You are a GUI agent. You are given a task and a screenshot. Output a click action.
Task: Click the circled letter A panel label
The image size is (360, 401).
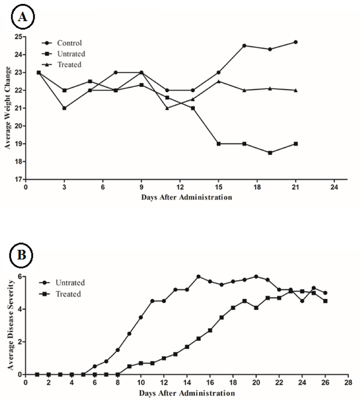[21, 17]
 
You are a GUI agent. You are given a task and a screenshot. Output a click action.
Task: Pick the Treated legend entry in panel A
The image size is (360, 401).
[68, 65]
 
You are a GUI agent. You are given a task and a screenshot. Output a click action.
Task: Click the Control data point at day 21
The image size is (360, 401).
[296, 42]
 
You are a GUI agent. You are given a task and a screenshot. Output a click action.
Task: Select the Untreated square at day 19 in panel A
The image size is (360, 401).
[270, 153]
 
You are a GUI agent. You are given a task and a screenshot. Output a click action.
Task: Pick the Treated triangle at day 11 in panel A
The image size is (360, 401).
[167, 108]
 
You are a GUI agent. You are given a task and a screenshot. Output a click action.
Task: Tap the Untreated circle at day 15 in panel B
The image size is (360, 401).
[198, 276]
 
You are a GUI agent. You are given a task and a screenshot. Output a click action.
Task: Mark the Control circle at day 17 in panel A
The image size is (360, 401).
[244, 45]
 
